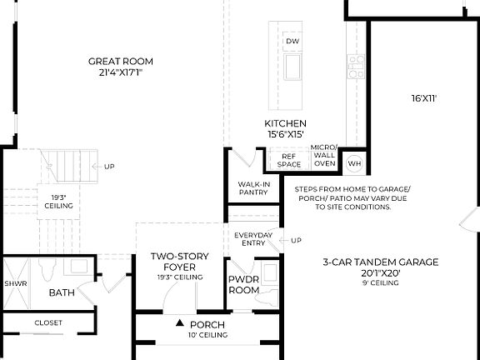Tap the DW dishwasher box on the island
point(292,41)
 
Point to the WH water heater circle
point(353,163)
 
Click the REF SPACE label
point(289,160)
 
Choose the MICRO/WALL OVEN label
point(323,156)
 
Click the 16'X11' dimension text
point(423,98)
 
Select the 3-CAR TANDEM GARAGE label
point(380,262)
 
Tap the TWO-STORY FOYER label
point(179,261)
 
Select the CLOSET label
point(47,322)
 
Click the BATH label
point(62,292)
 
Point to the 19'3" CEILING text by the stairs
point(58,201)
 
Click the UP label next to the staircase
point(108,167)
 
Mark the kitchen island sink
point(292,66)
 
